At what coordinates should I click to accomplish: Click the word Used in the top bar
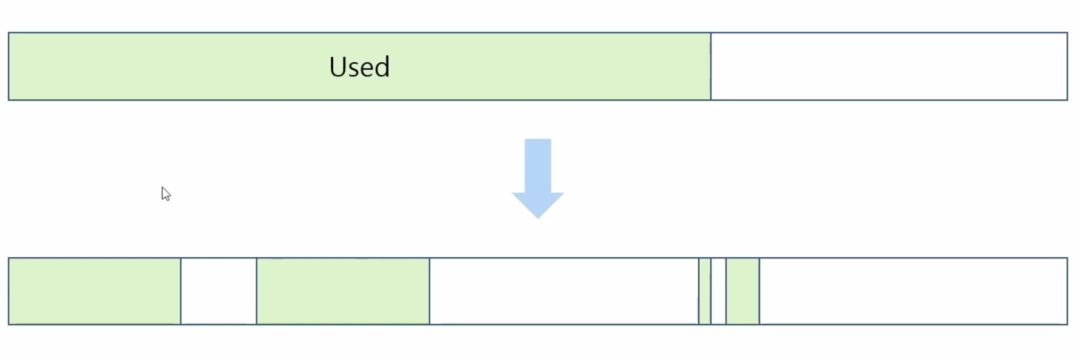pos(359,67)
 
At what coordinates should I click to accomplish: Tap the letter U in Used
pos(338,67)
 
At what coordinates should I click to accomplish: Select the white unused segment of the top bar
pos(888,66)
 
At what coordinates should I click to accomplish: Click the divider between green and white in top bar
pos(710,66)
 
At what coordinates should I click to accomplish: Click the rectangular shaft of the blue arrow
pos(537,165)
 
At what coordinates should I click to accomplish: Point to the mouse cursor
pos(165,193)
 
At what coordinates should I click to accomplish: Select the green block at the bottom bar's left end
pos(95,291)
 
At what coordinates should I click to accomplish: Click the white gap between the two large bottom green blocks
pos(218,291)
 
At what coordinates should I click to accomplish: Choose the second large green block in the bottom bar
pos(343,291)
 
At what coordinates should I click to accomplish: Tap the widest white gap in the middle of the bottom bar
pos(564,291)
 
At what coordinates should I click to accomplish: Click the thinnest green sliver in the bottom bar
pos(704,291)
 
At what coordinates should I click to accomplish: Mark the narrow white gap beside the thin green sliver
pos(718,291)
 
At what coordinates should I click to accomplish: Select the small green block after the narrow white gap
pos(742,291)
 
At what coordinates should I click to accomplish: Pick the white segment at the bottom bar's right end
pos(913,291)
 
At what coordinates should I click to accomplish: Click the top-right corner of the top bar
pos(1067,33)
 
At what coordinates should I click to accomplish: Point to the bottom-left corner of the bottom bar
pos(9,324)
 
